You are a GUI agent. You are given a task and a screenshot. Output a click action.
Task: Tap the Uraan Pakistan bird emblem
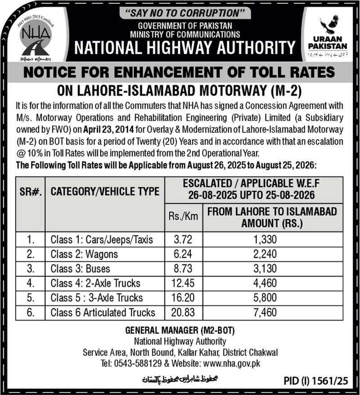(328, 25)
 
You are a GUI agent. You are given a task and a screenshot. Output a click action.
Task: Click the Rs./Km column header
(183, 216)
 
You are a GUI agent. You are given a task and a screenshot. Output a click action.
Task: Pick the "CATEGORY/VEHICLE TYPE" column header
(105, 191)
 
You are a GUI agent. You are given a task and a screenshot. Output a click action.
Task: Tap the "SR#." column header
(31, 191)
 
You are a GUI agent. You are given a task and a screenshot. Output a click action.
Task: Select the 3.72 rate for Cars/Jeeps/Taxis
(183, 240)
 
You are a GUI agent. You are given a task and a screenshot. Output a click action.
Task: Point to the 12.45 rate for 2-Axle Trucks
(183, 283)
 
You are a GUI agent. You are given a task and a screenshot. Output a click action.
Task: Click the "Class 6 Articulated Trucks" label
(103, 312)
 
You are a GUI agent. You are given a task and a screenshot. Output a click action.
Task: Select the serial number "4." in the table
(31, 283)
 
